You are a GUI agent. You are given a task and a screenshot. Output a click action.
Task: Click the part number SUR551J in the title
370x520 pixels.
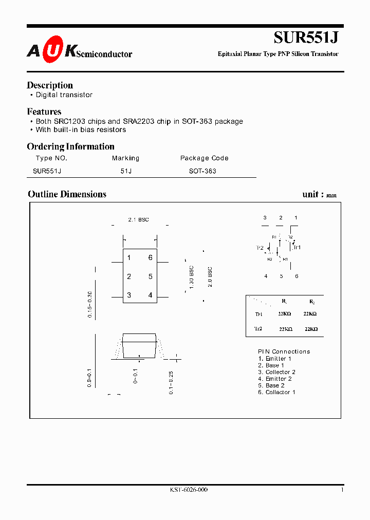[306, 38]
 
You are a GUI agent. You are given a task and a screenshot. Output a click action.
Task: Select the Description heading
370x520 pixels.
[50, 85]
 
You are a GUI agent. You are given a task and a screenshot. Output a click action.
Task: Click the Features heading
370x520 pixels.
[44, 112]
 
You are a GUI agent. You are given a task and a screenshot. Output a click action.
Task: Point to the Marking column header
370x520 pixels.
[125, 158]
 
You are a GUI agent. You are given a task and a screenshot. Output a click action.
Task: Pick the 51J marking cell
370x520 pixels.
[126, 171]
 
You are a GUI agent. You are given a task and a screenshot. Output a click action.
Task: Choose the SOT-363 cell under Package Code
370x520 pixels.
[202, 171]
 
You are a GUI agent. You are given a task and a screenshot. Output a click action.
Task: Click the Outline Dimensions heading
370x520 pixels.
[67, 194]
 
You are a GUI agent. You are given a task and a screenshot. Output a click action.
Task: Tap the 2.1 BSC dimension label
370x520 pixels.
[138, 220]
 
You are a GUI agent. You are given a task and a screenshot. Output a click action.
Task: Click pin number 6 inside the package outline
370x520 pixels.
[151, 258]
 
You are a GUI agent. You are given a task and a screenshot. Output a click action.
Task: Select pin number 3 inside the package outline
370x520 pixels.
[129, 295]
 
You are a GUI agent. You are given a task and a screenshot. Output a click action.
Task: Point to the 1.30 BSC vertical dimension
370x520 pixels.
[191, 277]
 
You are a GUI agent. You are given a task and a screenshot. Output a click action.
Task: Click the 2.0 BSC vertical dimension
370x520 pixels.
[210, 277]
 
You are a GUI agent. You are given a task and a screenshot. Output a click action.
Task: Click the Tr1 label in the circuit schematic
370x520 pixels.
[297, 247]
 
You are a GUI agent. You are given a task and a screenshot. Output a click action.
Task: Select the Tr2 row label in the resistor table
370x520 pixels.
[258, 328]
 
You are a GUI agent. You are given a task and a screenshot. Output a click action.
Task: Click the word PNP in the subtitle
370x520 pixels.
[284, 54]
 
